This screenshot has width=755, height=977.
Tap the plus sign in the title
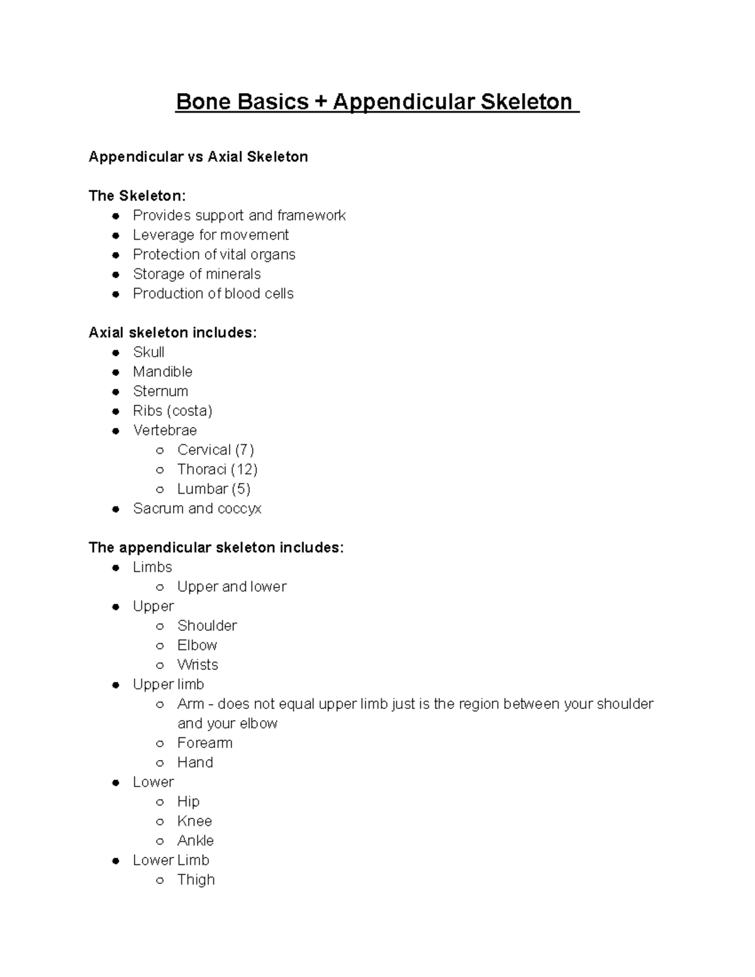(321, 102)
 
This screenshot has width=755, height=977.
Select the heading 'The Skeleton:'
(137, 196)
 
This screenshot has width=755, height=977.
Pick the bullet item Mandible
(162, 372)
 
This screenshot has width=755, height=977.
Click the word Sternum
(160, 391)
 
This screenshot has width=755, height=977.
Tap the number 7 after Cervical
(244, 450)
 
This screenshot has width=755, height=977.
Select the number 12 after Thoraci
(244, 469)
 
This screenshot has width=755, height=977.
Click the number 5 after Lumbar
(241, 489)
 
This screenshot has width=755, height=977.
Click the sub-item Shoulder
(207, 625)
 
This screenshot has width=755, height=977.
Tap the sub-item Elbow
(197, 645)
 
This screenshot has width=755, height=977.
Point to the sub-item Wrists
(198, 664)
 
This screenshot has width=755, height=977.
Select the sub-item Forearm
(204, 743)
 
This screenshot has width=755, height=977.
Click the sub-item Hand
(195, 762)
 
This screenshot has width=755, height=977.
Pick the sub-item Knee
(194, 821)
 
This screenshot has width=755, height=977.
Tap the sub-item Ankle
(195, 840)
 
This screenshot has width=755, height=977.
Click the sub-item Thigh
(196, 879)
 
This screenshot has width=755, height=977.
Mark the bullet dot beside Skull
(116, 353)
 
